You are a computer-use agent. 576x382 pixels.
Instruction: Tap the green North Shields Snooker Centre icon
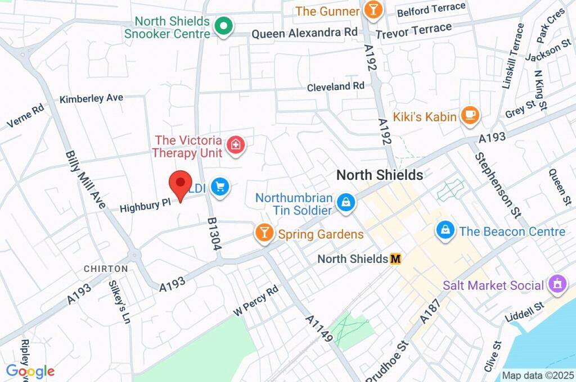coord(224,26)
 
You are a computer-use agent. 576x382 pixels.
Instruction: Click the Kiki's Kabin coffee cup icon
coord(469,116)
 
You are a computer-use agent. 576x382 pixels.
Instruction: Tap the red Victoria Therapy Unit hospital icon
coord(235,145)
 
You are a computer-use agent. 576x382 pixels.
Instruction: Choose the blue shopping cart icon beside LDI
coord(219,187)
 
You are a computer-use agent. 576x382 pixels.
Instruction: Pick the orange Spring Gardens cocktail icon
coord(263,233)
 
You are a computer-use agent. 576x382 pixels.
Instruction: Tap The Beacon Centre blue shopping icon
coord(445,230)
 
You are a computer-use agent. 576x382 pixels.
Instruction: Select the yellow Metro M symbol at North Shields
coord(396,258)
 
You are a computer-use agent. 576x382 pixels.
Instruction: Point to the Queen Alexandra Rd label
coord(304,33)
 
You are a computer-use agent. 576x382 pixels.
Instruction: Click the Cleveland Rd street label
coord(336,87)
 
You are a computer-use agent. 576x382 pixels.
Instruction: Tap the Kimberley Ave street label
coord(91,98)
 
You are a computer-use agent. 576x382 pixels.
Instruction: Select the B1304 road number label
coord(214,234)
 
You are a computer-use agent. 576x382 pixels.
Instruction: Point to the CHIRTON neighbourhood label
coord(106,269)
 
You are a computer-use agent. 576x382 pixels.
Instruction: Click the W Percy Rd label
coord(256,301)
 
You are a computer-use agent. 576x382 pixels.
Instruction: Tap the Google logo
coord(30,371)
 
